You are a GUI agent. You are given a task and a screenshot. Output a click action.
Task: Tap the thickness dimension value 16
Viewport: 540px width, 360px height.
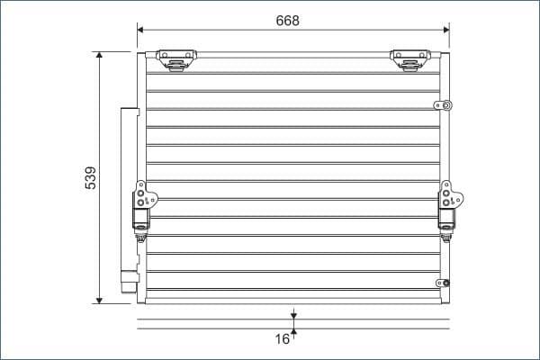tap(283, 339)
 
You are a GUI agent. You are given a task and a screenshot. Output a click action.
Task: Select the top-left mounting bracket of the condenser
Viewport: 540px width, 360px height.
tap(175, 59)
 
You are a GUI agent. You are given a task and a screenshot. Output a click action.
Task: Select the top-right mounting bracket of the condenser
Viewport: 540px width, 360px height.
tap(409, 59)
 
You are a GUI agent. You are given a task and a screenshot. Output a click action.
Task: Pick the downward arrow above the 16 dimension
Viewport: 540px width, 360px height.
tap(293, 314)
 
